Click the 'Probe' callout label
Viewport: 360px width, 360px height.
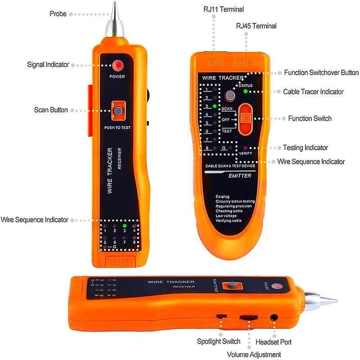coord(58,14)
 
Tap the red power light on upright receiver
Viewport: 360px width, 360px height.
coord(118,65)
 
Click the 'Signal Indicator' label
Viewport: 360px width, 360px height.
coord(48,64)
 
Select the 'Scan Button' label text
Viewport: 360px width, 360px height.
coord(51,110)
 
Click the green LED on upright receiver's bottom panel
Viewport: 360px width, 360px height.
coord(125,226)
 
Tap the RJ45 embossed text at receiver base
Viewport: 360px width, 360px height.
coord(121,260)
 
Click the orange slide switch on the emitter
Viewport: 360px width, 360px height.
coord(246,119)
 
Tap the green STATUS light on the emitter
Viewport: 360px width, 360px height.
coord(246,91)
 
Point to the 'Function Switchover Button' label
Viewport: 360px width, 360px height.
coord(321,72)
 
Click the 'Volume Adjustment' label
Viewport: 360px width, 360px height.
coord(254,355)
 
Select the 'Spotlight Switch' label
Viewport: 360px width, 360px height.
coord(219,342)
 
